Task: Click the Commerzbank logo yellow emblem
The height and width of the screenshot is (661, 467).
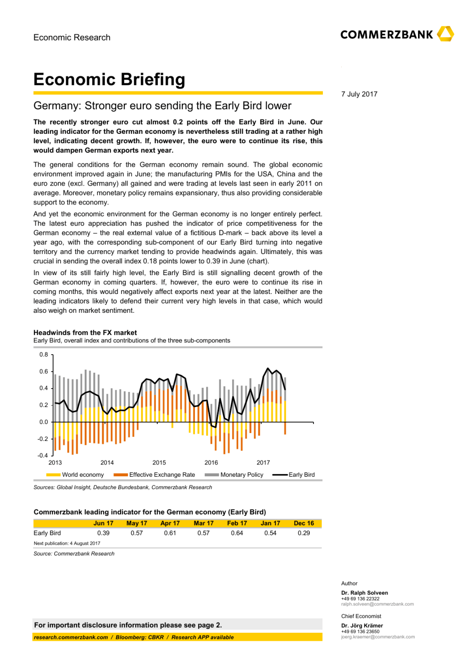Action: tap(445, 34)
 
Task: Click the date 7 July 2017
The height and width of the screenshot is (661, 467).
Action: tap(359, 94)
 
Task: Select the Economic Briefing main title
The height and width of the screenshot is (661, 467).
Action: tap(109, 79)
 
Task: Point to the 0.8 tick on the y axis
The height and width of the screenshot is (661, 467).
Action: tap(44, 355)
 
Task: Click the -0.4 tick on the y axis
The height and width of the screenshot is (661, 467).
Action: tap(43, 456)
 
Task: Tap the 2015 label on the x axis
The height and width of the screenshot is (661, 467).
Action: tap(159, 463)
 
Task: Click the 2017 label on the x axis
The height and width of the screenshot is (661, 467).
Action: tap(263, 463)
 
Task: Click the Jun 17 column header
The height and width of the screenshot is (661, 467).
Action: tap(103, 523)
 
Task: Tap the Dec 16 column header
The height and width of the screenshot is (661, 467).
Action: tap(304, 523)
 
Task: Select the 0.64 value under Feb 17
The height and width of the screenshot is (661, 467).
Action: tap(237, 533)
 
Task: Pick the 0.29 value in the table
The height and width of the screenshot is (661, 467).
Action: tap(304, 533)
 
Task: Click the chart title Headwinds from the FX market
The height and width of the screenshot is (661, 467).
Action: tap(85, 333)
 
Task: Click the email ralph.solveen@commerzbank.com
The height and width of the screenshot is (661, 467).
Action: tap(378, 604)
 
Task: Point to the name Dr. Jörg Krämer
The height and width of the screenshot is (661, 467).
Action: tap(362, 626)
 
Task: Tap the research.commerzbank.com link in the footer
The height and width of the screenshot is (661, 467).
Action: tap(71, 637)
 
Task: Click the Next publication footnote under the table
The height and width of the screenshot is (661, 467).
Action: tap(67, 543)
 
